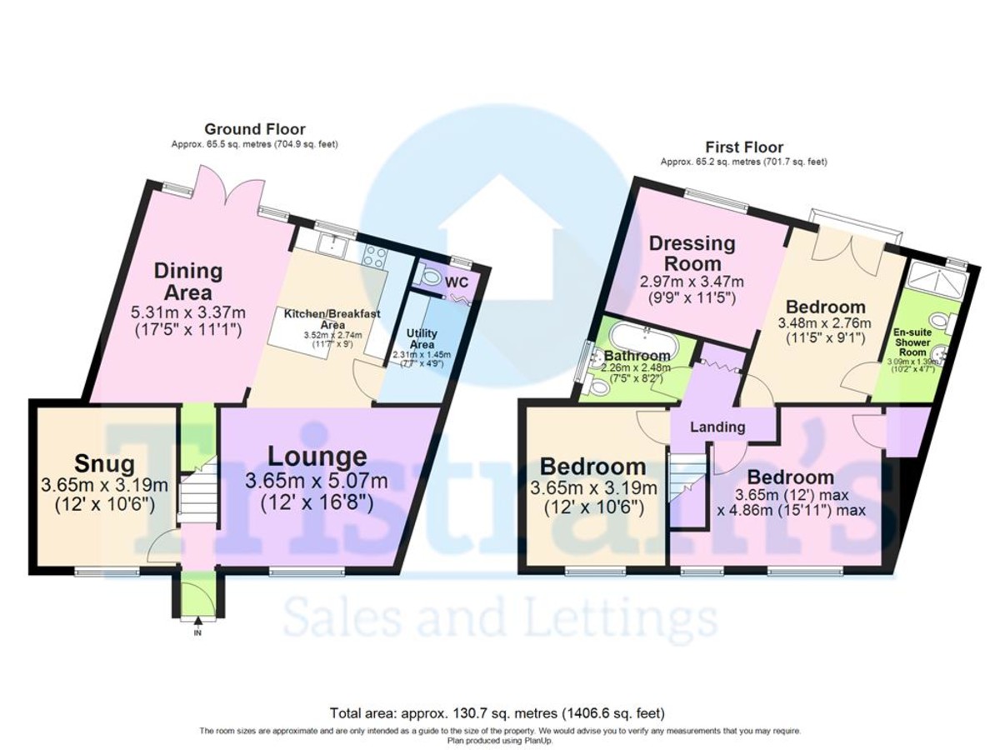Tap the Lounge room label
pyautogui.click(x=317, y=457)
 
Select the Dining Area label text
pyautogui.click(x=187, y=282)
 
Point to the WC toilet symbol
pyautogui.click(x=431, y=276)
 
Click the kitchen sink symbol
pyautogui.click(x=337, y=245)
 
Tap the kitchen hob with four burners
pyautogui.click(x=372, y=256)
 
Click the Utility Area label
pyautogui.click(x=422, y=337)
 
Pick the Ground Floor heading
pyautogui.click(x=255, y=129)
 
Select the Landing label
pyautogui.click(x=718, y=427)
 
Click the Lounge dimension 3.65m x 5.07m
pyautogui.click(x=317, y=481)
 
